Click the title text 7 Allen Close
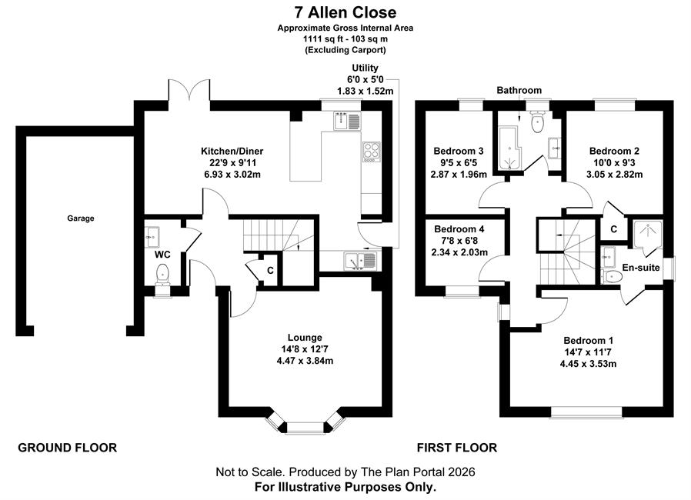pyautogui.click(x=345, y=12)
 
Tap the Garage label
pyautogui.click(x=81, y=218)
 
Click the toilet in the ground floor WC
pyautogui.click(x=162, y=274)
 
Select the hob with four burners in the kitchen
pyautogui.click(x=371, y=152)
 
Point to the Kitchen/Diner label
pyautogui.click(x=232, y=151)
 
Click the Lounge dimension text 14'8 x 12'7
pyautogui.click(x=305, y=349)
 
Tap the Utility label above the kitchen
pyautogui.click(x=365, y=68)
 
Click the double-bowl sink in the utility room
pyautogui.click(x=360, y=260)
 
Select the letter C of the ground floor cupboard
pyautogui.click(x=270, y=271)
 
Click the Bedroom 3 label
pyautogui.click(x=459, y=151)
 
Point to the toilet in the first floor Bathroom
pyautogui.click(x=537, y=122)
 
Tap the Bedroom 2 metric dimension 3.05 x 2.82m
pyautogui.click(x=614, y=175)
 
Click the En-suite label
pyautogui.click(x=641, y=268)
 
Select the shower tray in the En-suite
pyautogui.click(x=647, y=235)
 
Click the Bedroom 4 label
pyautogui.click(x=459, y=229)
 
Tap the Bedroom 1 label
pyautogui.click(x=589, y=341)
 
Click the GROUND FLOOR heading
pyautogui.click(x=68, y=448)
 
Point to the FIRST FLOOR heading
pyautogui.click(x=457, y=448)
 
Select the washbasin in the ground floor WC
pyautogui.click(x=152, y=237)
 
